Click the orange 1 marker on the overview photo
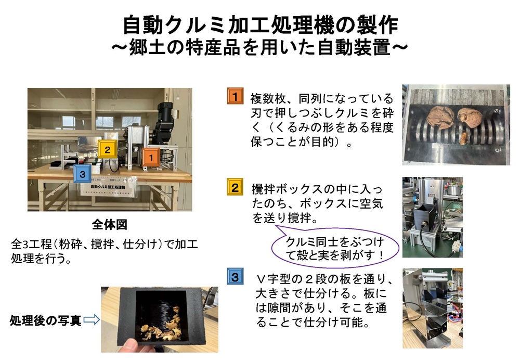151,158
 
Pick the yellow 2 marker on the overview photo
107,149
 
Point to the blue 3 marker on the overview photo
82,174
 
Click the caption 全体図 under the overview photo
109,225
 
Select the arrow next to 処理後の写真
92,319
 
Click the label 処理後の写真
45,320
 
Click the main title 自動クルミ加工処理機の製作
261,25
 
